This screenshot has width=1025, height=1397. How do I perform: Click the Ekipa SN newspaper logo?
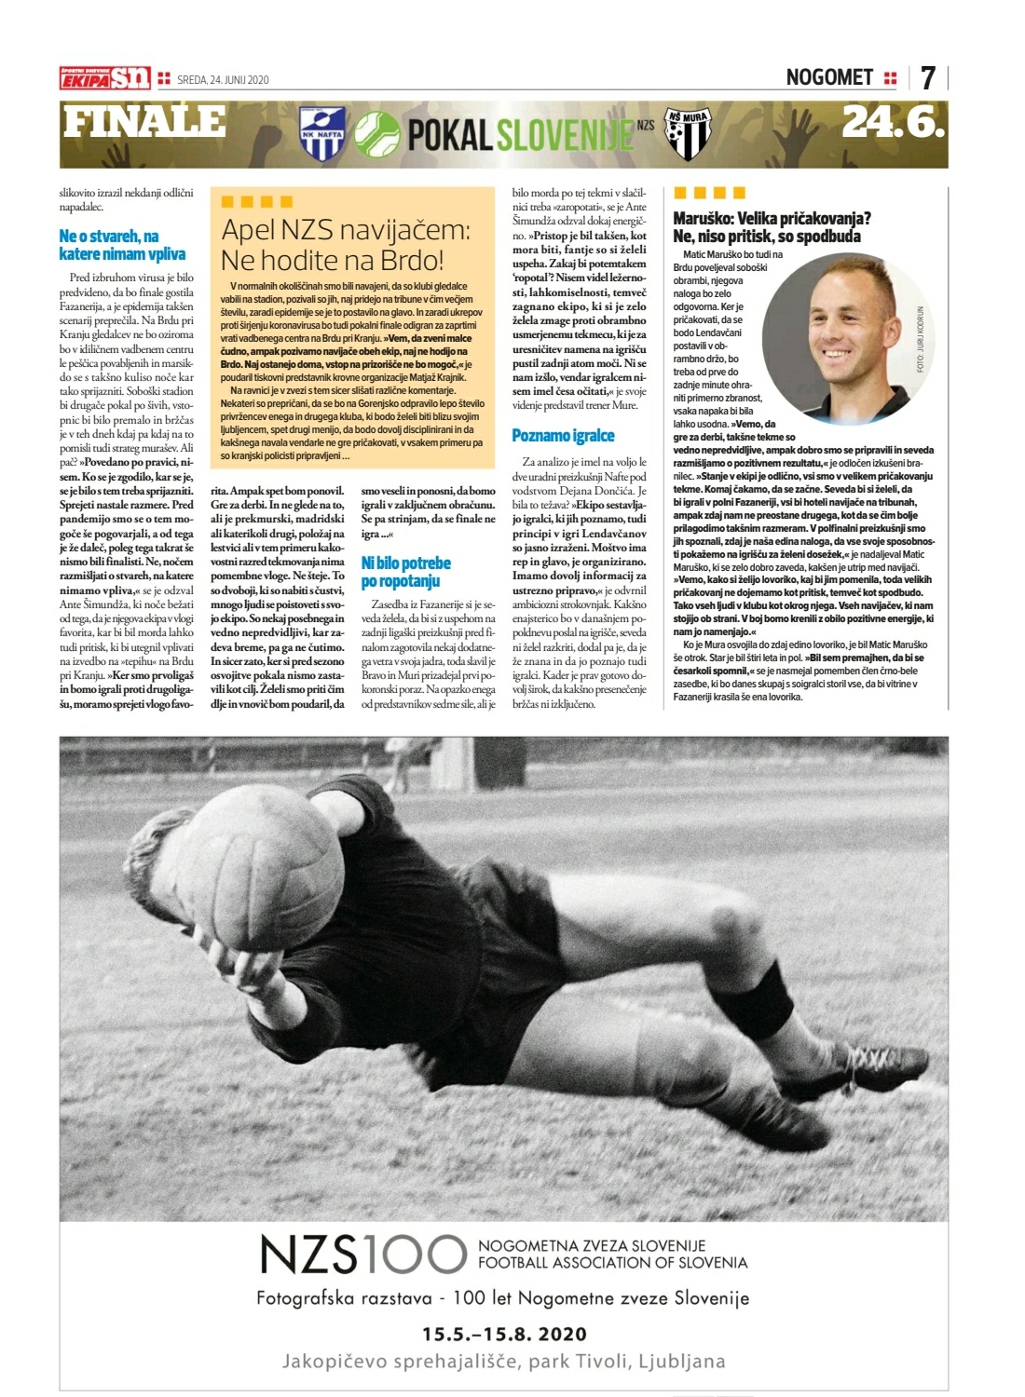104,79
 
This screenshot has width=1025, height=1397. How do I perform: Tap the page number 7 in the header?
927,77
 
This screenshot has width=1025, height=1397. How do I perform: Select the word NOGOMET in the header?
829,77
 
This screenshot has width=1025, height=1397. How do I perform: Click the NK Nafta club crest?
322,134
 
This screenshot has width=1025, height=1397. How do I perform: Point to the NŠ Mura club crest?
689,134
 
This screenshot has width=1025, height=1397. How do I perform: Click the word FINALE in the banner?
144,122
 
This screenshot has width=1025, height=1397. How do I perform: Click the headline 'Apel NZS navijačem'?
346,244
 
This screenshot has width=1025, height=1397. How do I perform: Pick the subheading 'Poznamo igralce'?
563,435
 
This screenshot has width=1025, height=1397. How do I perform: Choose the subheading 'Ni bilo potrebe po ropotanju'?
405,572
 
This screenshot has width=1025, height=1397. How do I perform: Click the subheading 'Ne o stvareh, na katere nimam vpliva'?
122,245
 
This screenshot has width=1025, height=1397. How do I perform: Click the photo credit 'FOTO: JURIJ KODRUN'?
920,339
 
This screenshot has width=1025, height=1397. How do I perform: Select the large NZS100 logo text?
362,1255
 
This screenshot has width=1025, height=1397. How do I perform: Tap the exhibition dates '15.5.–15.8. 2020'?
504,1333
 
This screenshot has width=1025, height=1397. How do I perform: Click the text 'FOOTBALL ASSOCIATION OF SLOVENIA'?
612,1263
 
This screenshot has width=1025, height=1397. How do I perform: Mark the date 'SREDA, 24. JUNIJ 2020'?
223,80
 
